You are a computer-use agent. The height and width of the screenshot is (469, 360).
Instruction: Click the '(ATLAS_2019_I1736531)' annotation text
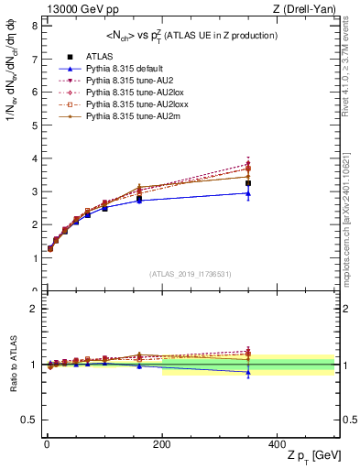[x=191, y=274]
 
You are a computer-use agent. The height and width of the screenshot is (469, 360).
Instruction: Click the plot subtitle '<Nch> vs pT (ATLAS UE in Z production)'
[x=191, y=36]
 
